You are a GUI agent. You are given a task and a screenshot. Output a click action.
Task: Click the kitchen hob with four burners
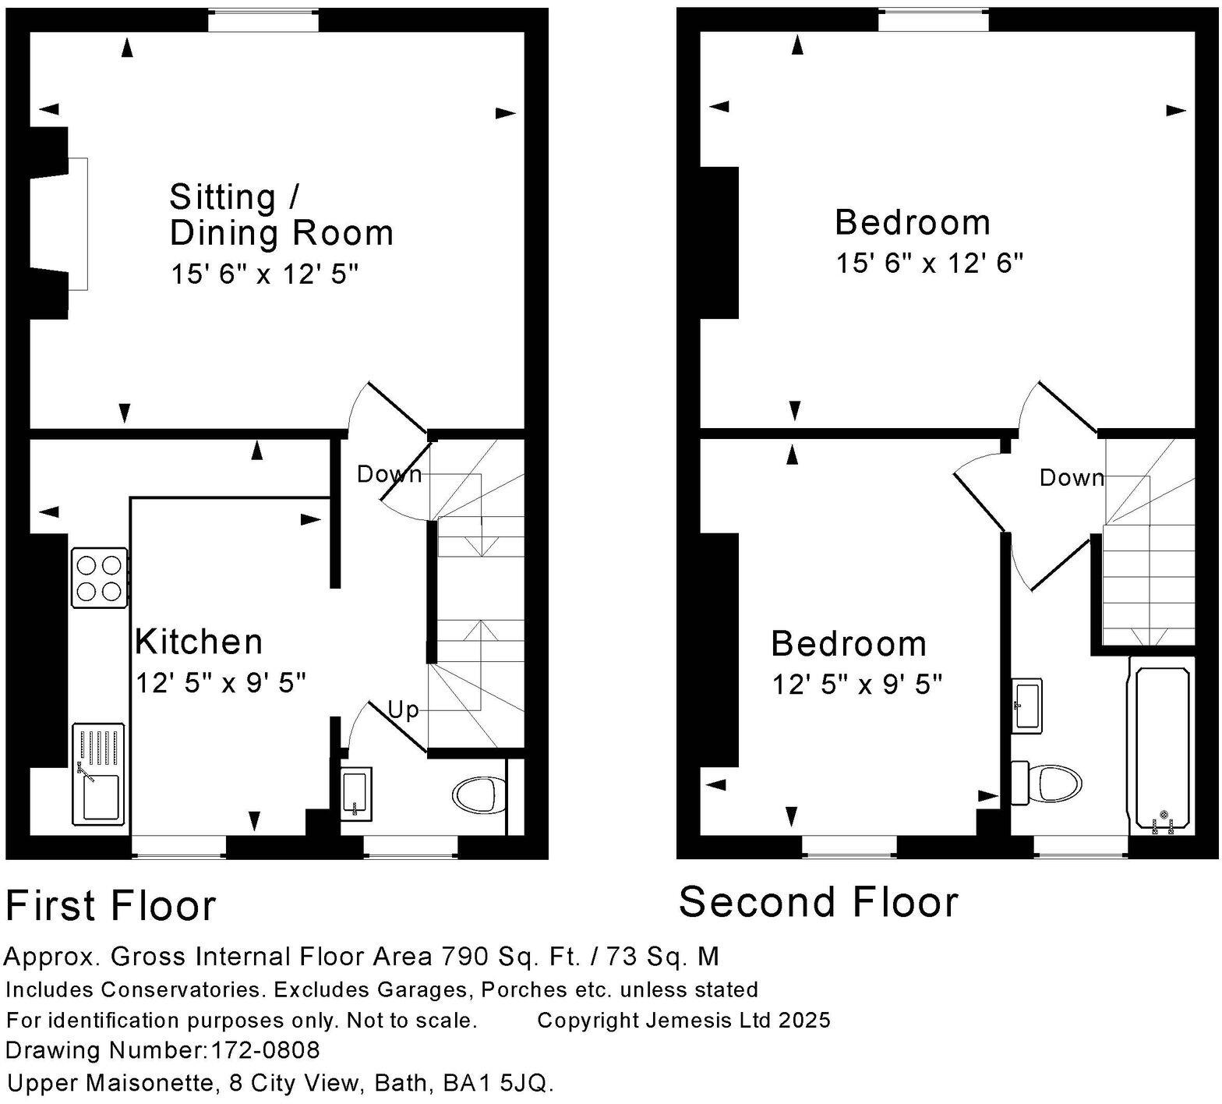pos(100,578)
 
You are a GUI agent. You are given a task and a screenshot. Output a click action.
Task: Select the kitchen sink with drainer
pos(98,773)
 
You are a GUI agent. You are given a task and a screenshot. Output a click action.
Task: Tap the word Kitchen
pos(199,642)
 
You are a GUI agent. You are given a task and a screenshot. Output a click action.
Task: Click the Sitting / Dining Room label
pos(281,215)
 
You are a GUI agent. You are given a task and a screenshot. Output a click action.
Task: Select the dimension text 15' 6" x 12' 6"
pos(929,264)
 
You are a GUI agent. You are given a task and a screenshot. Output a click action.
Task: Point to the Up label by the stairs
pos(404,710)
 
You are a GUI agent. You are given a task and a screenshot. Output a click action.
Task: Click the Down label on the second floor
pos(1072,477)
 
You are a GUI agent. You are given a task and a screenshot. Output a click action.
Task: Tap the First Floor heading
pos(111,906)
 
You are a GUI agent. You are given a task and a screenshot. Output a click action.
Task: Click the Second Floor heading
pos(818,902)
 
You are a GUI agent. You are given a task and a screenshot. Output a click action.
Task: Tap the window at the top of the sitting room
pos(263,20)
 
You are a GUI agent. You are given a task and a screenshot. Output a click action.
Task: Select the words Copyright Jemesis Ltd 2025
pos(683,1020)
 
